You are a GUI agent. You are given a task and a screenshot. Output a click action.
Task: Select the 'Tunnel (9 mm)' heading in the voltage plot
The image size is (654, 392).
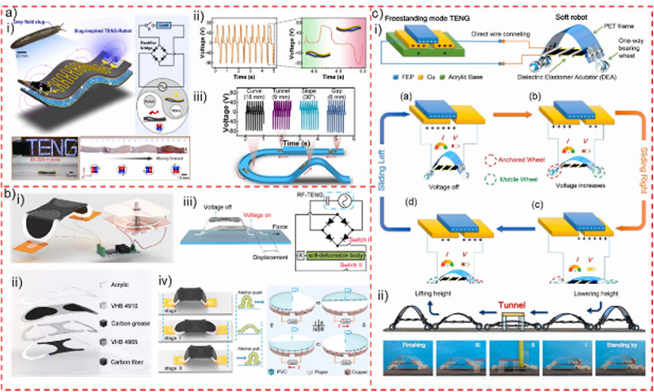[x=281, y=94]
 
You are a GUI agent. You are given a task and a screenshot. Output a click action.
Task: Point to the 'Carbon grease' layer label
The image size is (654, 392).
[x=131, y=323]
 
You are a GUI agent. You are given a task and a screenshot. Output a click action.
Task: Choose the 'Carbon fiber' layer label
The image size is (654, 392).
[x=127, y=362]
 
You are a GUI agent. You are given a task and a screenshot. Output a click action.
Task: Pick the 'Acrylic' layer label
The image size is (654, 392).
[x=120, y=285]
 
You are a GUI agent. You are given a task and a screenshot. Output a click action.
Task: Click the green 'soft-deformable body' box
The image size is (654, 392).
[x=335, y=255]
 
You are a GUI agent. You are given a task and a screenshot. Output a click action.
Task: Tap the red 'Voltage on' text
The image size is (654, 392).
[x=257, y=215]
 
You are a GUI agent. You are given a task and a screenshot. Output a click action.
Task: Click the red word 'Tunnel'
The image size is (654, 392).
[x=512, y=305]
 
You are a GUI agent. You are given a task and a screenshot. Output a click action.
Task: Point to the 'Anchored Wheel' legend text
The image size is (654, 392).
[x=521, y=160]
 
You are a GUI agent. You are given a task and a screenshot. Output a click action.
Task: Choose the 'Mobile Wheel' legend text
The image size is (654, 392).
[x=518, y=179]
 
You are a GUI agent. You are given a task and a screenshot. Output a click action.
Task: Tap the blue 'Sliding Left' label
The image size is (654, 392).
[x=382, y=170]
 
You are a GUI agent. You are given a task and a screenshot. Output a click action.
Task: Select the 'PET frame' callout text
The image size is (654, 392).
[x=619, y=26]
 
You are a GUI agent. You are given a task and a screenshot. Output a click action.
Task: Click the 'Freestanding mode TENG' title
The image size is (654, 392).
[x=427, y=18]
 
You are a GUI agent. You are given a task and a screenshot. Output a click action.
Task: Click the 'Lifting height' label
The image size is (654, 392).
[x=433, y=293]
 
